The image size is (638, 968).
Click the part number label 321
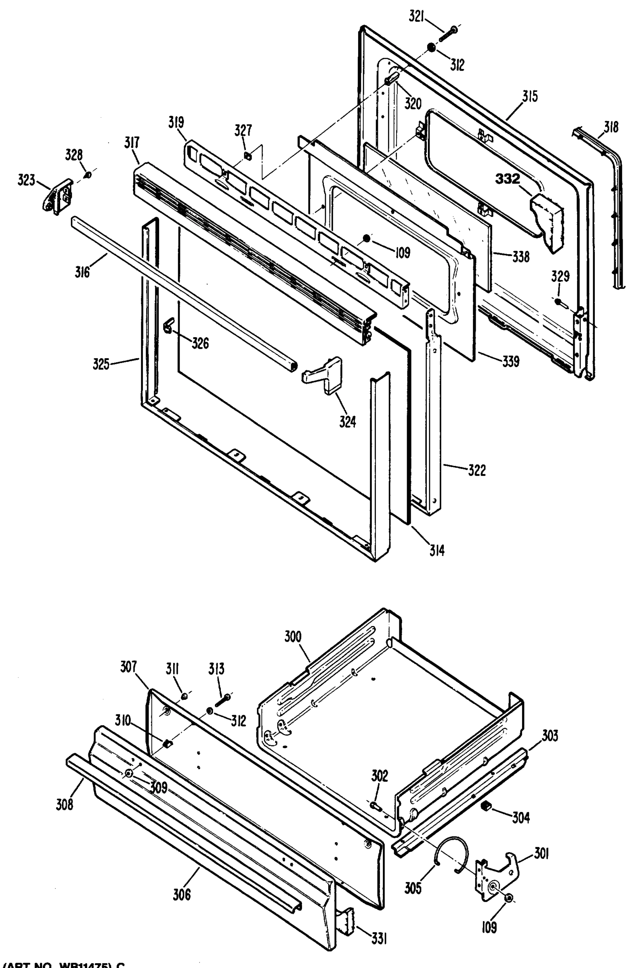417,18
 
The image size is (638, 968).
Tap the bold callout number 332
507,179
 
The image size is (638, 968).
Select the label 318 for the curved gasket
611,127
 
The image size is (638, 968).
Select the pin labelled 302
375,804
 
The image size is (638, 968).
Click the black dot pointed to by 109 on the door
366,239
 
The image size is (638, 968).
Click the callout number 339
511,361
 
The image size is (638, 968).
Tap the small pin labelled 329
559,302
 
